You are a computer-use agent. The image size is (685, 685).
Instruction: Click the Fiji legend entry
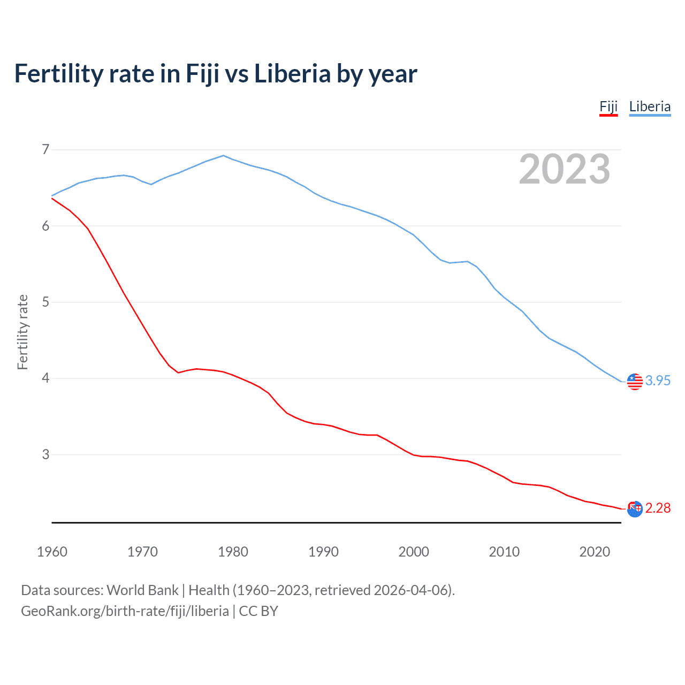pos(608,106)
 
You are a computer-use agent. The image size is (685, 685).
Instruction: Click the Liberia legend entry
pos(650,106)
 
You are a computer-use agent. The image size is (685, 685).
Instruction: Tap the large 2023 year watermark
pos(564,169)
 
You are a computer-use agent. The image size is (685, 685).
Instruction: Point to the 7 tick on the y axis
pos(45,149)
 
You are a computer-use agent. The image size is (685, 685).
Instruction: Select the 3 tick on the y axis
pos(45,454)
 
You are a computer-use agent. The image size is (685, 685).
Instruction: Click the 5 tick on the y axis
pos(45,302)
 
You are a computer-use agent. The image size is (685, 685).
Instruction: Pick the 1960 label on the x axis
pos(52,552)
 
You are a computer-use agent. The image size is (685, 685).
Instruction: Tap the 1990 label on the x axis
pos(323,552)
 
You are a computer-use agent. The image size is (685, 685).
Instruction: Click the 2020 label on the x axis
pos(595,552)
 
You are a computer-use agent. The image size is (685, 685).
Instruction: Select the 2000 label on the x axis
pos(414,552)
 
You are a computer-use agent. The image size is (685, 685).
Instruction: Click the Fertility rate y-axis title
pos(22,332)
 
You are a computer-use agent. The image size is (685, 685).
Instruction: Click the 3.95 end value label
pos(658,380)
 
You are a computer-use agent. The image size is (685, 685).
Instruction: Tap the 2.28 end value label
pos(658,508)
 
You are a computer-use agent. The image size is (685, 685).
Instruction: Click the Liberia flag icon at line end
pos(635,381)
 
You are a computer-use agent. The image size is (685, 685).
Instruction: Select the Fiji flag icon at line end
pos(635,509)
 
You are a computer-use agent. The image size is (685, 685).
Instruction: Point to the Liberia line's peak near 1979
pos(224,156)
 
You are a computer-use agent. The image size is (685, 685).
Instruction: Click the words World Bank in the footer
pos(142,590)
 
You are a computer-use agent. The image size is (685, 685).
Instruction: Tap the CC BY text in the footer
pos(258,611)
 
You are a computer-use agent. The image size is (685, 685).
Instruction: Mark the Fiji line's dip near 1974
pos(178,372)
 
